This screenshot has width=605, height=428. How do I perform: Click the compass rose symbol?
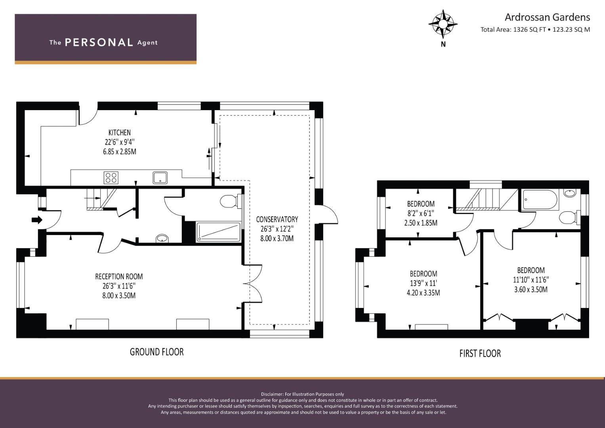[443, 24]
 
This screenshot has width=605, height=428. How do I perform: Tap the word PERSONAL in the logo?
[99, 42]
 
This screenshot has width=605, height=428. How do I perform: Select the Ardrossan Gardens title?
[547, 17]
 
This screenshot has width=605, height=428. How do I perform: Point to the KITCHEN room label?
[119, 133]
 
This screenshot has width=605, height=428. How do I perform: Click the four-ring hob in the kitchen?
[111, 178]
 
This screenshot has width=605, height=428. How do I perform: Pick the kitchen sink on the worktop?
[160, 178]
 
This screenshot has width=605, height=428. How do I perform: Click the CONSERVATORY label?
[277, 219]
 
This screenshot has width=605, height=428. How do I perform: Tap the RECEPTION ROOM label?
[119, 277]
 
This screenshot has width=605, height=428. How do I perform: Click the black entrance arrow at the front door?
[37, 220]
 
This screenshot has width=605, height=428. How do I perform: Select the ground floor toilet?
[230, 201]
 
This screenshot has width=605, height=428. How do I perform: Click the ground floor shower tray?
[218, 232]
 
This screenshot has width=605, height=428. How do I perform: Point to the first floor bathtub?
[540, 200]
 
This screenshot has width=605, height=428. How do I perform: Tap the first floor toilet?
[570, 218]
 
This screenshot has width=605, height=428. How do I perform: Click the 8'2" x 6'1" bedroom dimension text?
[420, 214]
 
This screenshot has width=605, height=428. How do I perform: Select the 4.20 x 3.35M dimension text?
[423, 292]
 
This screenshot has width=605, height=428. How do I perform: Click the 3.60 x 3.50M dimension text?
[531, 289]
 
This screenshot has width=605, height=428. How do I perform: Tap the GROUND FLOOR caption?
[156, 352]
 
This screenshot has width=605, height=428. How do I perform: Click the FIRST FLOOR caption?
[480, 353]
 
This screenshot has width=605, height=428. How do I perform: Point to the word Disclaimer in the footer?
[272, 394]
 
